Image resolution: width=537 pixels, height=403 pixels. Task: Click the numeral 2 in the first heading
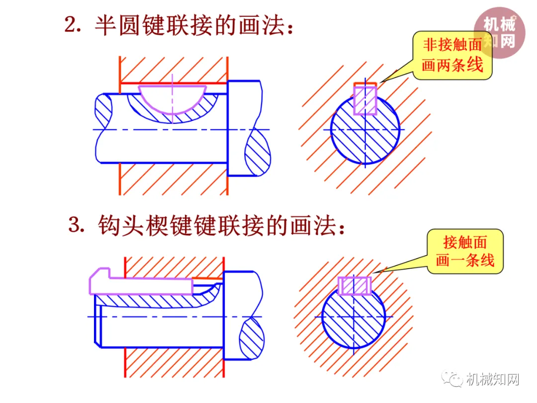[73, 25]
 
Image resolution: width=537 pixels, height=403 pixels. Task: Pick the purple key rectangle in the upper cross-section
[365, 100]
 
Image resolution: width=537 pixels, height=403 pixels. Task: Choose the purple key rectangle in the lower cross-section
[354, 286]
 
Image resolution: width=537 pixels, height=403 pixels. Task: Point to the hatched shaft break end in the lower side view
[252, 338]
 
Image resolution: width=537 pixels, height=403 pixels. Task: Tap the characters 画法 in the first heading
[259, 25]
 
